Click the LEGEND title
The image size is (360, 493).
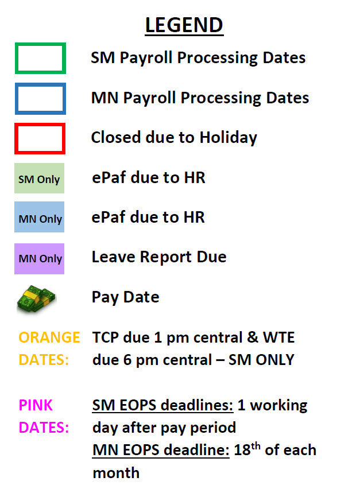point(184,25)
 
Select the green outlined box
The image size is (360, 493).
point(40,45)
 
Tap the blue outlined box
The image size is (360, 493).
point(40,85)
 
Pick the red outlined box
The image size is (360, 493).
point(40,125)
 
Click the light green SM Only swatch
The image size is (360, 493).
point(39,178)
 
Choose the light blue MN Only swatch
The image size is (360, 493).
point(39,217)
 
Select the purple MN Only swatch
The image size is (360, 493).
point(39,259)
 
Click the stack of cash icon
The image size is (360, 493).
point(36,298)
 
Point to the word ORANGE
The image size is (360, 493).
point(49,337)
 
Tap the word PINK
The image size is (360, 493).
point(36,405)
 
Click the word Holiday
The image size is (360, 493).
point(229,138)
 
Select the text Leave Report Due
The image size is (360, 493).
point(159,257)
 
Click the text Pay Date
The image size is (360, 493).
point(125,297)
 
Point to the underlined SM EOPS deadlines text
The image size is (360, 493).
point(163,405)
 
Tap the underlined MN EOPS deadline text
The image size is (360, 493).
point(161,450)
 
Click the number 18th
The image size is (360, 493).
point(247,449)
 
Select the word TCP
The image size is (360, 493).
point(106,337)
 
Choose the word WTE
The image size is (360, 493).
point(279,337)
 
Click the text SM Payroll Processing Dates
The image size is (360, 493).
point(198,58)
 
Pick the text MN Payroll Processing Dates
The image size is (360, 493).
point(200,98)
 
